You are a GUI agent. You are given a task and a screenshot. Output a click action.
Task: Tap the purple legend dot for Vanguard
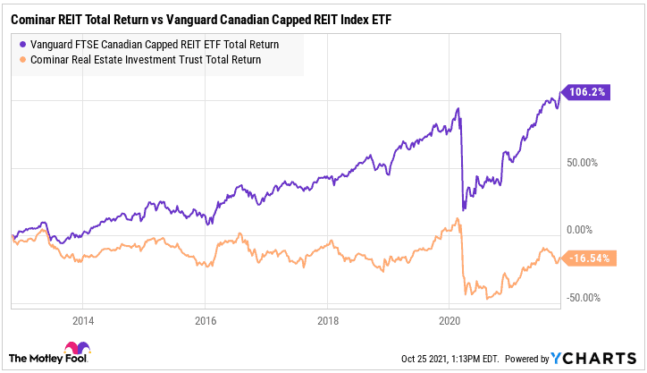21,44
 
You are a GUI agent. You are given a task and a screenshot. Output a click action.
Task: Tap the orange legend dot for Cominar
21,59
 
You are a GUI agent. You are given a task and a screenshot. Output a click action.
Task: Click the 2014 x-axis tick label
83,319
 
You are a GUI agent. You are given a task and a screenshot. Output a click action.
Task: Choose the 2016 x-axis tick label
206,319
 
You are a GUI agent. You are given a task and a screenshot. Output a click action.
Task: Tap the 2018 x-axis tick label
328,319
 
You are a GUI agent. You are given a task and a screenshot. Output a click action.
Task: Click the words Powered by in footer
527,358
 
